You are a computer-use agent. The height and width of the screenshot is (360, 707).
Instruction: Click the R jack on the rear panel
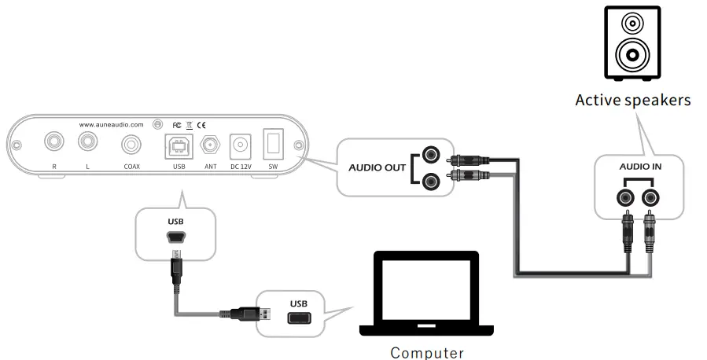click(53, 142)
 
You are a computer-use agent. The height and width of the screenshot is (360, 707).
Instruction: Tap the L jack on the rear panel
click(87, 142)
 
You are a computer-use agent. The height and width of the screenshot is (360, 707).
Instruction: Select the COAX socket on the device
click(131, 145)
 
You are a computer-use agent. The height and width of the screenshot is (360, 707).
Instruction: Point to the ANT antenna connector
click(210, 145)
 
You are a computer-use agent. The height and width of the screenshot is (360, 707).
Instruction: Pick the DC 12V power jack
click(240, 145)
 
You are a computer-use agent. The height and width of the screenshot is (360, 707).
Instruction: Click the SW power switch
click(272, 144)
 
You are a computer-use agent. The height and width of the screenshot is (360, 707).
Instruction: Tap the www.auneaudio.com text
click(111, 124)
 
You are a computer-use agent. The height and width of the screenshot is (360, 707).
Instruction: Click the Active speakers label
click(632, 100)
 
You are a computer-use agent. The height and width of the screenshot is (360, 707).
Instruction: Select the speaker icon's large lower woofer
click(632, 57)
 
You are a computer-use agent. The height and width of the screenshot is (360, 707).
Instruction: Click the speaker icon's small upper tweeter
click(632, 24)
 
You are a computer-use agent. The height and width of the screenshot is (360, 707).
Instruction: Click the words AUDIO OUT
click(376, 168)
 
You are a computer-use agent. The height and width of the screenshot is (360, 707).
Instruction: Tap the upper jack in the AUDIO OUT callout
click(430, 155)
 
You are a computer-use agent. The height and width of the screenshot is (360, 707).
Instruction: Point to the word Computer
click(427, 352)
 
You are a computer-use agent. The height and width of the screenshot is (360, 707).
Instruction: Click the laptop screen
click(425, 287)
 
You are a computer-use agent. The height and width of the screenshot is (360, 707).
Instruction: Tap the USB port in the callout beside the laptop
click(298, 319)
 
